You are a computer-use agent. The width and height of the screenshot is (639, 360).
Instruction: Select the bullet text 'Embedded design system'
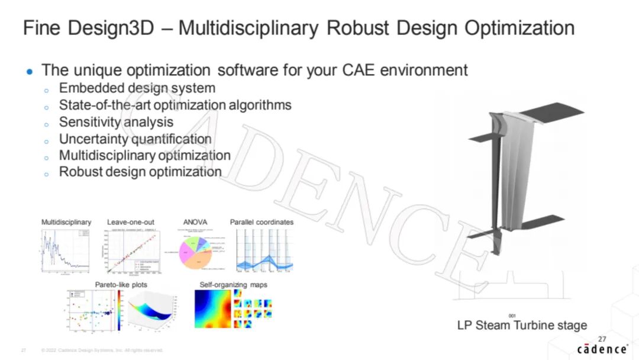pyautogui.click(x=137, y=88)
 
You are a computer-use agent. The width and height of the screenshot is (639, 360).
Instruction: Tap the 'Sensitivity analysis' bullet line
pyautogui.click(x=116, y=122)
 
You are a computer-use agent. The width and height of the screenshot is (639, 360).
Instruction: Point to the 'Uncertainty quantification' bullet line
pyautogui.click(x=135, y=139)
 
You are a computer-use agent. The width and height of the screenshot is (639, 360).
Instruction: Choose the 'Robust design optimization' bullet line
pyautogui.click(x=140, y=172)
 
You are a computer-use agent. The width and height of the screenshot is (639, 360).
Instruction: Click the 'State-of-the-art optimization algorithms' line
pyautogui.click(x=175, y=105)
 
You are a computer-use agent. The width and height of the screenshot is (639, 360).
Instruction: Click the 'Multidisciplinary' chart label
pyautogui.click(x=66, y=222)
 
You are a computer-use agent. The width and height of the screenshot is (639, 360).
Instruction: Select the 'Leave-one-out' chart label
pyautogui.click(x=131, y=222)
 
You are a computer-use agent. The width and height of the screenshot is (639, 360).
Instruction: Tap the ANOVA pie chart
pyautogui.click(x=198, y=253)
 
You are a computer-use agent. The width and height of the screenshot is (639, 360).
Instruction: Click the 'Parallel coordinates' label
pyautogui.click(x=262, y=222)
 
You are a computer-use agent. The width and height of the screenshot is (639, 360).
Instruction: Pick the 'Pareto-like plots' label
pyautogui.click(x=121, y=285)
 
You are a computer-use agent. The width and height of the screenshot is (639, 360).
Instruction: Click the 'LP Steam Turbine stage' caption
pyautogui.click(x=522, y=325)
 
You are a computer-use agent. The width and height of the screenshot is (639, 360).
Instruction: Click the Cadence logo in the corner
pyautogui.click(x=602, y=349)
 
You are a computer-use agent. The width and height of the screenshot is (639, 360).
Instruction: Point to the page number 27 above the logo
pyautogui.click(x=602, y=339)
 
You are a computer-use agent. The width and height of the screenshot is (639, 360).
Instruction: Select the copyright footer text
pyautogui.click(x=102, y=350)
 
